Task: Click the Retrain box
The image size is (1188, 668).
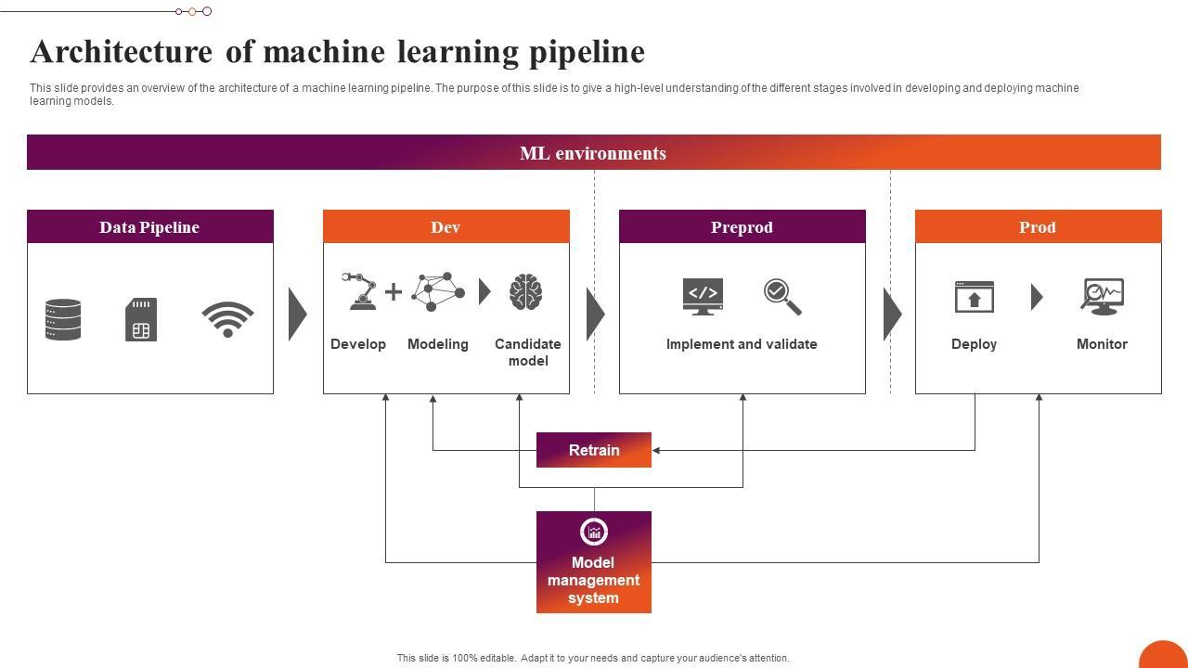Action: [594, 450]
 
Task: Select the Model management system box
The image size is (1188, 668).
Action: [594, 562]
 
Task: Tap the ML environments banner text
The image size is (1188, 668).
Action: [593, 153]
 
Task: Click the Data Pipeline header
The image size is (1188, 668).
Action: [149, 227]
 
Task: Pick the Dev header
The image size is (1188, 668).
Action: [445, 227]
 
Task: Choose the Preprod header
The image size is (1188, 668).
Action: [742, 227]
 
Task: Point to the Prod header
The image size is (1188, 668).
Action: [1038, 227]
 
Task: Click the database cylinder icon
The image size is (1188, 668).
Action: [63, 319]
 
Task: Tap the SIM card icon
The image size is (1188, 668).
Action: [141, 319]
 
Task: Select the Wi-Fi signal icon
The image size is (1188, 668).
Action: [227, 319]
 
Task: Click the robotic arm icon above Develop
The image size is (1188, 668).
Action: [359, 291]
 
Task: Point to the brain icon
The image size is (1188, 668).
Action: [525, 292]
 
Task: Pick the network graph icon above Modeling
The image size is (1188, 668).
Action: [438, 291]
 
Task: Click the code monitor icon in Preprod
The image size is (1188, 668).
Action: [703, 296]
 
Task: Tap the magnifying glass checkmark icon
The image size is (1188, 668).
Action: [782, 296]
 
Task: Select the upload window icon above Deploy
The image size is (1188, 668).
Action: [975, 297]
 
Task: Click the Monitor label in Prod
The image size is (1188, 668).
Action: [1102, 344]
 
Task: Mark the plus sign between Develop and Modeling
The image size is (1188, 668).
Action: [394, 292]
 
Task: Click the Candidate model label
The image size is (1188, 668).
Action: [527, 353]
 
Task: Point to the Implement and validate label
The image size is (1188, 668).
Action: [742, 344]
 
